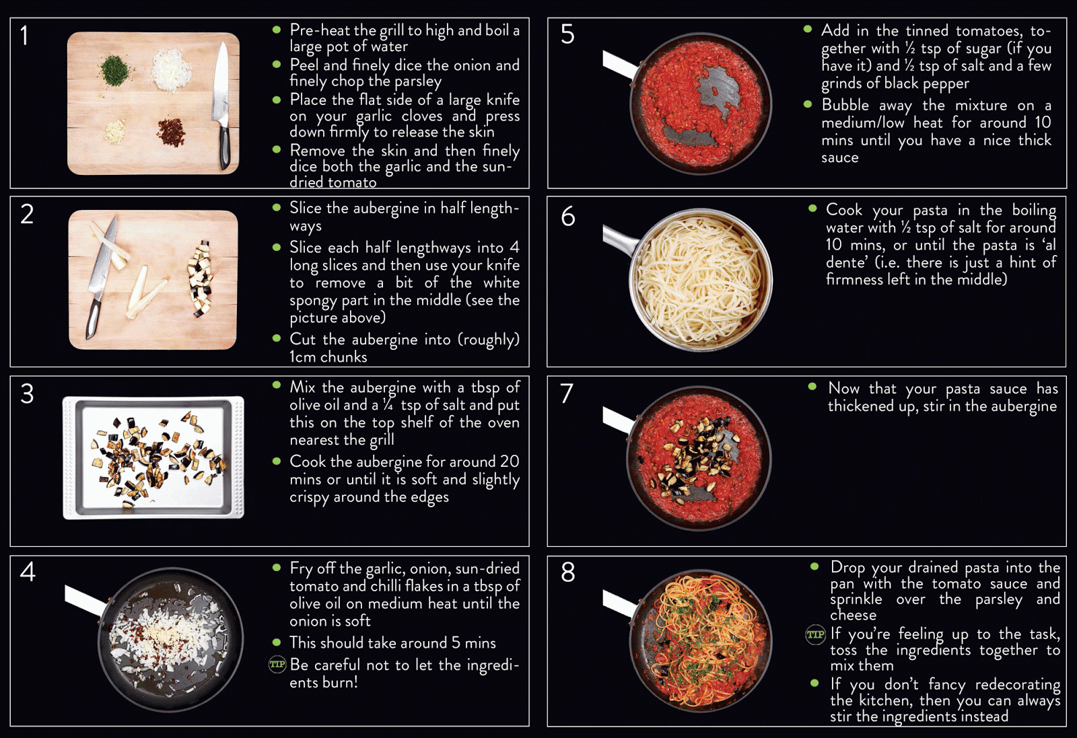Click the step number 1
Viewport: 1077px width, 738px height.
pos(24,36)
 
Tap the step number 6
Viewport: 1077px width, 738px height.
pos(568,216)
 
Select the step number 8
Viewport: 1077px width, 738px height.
pos(568,573)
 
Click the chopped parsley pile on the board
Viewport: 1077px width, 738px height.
pos(114,70)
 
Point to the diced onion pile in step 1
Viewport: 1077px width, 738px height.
pos(172,71)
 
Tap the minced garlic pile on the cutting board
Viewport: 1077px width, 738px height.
pos(115,131)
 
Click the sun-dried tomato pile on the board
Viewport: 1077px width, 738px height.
pos(171,132)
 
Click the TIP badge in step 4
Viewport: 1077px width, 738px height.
pos(277,665)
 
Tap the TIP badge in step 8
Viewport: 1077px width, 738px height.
pos(815,634)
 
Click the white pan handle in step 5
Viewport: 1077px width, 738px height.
pos(620,65)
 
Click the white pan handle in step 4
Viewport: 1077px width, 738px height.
pos(85,600)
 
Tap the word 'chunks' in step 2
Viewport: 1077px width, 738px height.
pos(344,357)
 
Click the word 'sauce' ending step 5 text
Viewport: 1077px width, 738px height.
pos(839,158)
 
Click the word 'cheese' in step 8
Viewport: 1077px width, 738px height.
pos(853,616)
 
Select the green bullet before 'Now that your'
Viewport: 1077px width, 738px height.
pos(812,386)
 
